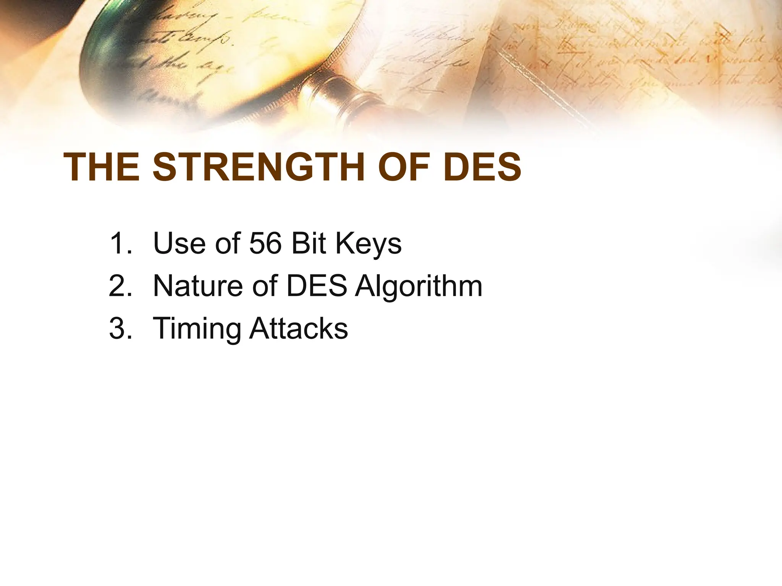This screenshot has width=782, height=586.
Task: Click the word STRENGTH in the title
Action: click(260, 167)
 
